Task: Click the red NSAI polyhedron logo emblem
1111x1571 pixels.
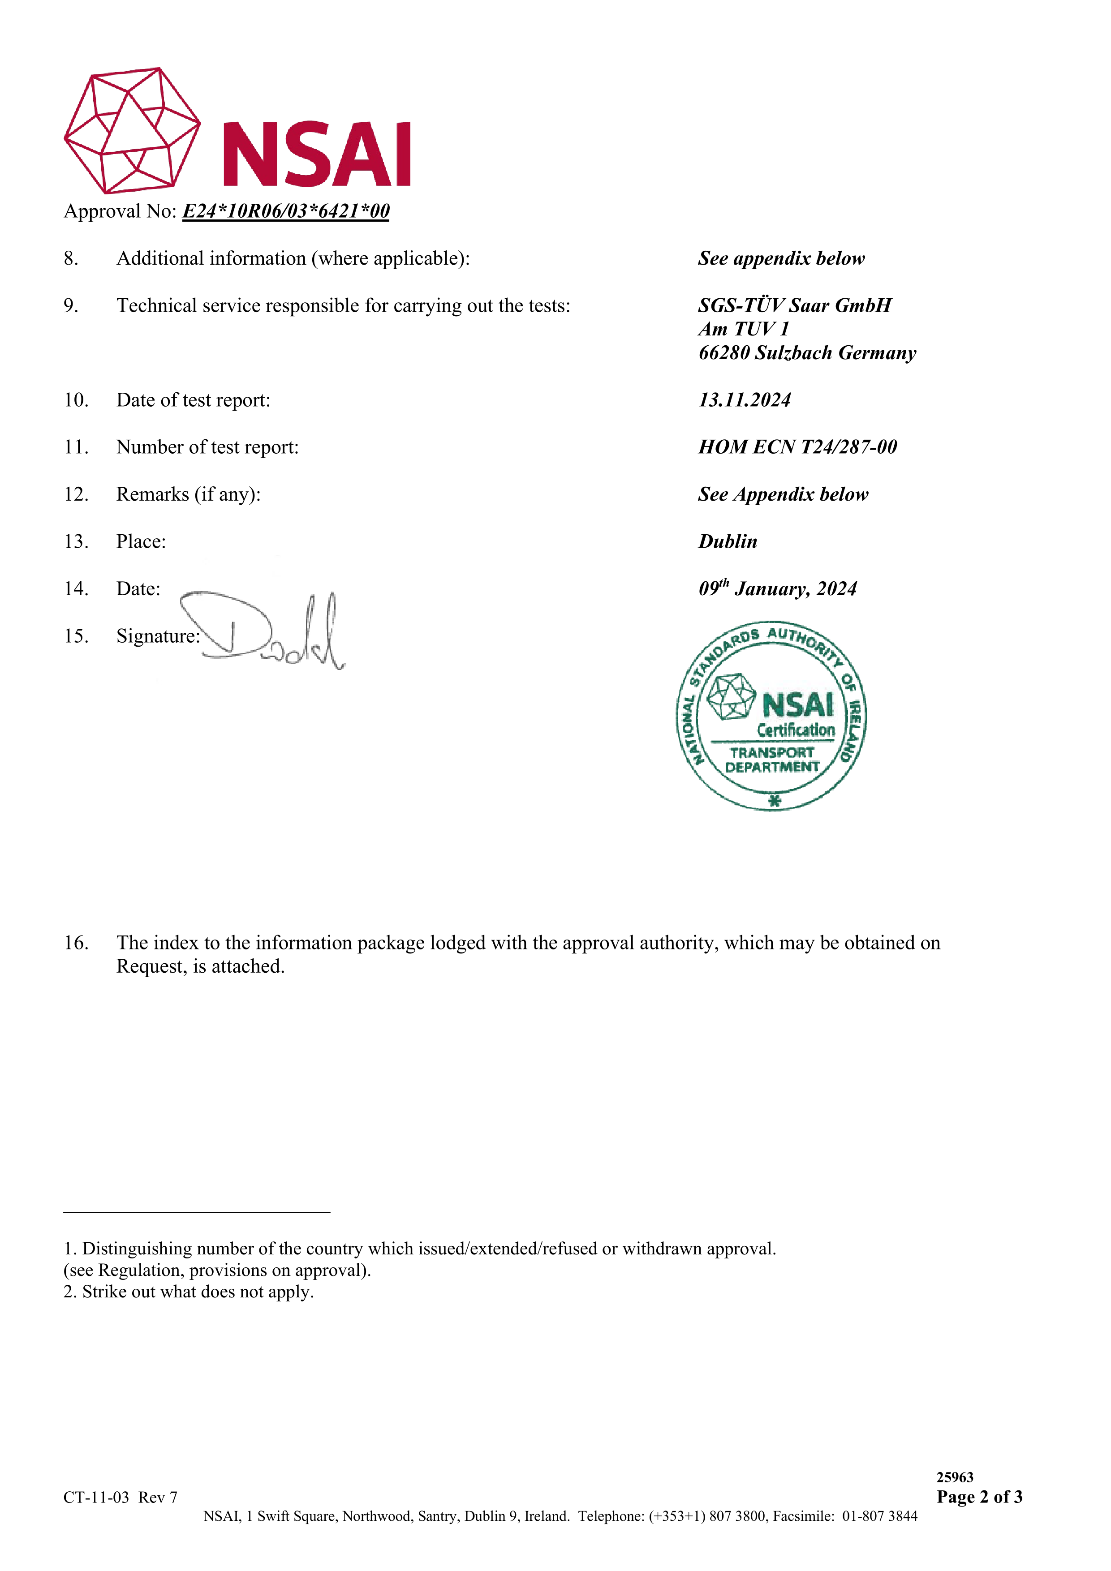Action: (x=132, y=130)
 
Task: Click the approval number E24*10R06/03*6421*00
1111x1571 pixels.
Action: (x=285, y=211)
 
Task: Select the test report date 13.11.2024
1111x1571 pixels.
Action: (x=744, y=400)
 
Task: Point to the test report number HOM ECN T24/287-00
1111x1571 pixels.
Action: (x=797, y=447)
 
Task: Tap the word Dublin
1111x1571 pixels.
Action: (x=728, y=542)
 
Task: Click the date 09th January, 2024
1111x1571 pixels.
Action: (x=777, y=588)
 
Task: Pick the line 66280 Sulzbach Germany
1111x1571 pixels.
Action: (x=806, y=353)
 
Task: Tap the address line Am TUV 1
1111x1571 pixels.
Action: (x=743, y=330)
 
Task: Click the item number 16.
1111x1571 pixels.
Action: (x=76, y=943)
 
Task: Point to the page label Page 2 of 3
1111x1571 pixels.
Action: (x=979, y=1496)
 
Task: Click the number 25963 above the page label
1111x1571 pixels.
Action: (x=954, y=1477)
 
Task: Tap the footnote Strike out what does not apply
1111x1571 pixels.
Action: (x=197, y=1292)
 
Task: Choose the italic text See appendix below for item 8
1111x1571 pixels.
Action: (x=781, y=259)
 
